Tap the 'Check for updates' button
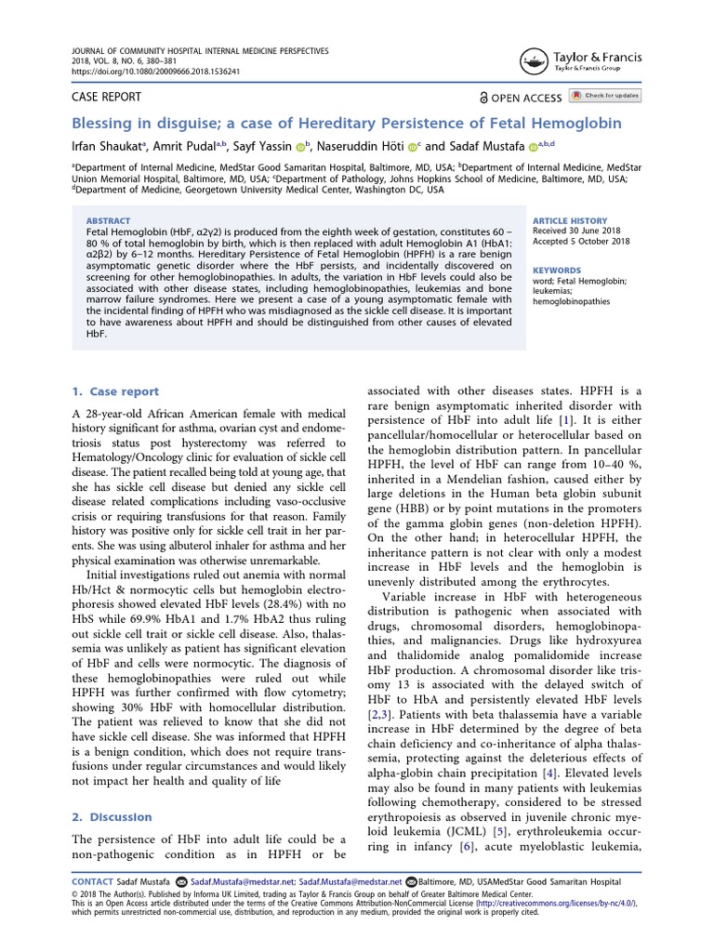tap(604, 96)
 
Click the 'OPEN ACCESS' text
tap(526, 98)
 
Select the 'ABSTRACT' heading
tap(108, 221)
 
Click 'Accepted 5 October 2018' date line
tap(582, 242)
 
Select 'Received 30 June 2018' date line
tap(576, 231)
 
